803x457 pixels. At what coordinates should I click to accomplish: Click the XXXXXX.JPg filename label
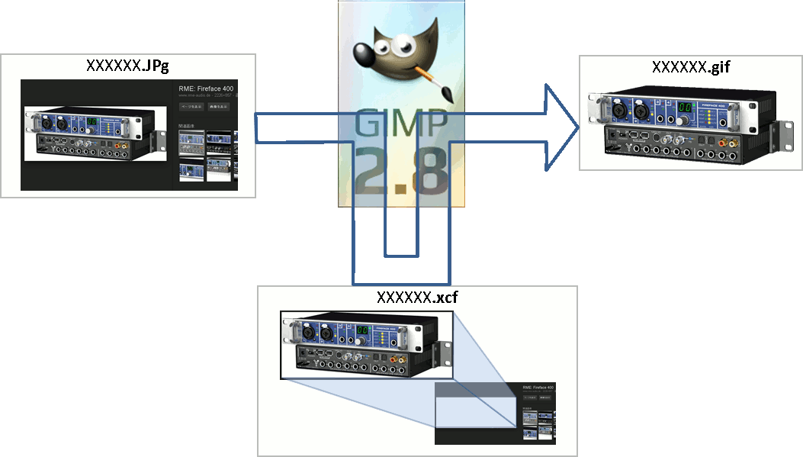tap(127, 65)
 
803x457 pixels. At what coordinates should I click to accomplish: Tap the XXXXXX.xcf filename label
tap(417, 297)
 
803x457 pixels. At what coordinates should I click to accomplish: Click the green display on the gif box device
tap(686, 108)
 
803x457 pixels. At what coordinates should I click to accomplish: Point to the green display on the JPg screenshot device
tap(92, 121)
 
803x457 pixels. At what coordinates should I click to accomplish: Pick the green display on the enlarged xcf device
tap(364, 330)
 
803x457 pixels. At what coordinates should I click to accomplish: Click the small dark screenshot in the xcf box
tap(495, 413)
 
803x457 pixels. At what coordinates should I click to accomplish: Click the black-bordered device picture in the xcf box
tap(366, 345)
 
